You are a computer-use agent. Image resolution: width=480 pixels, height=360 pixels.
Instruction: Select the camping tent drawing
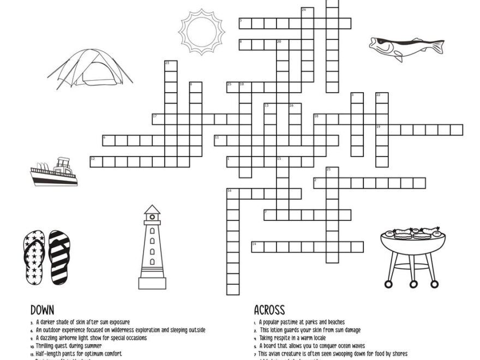[91, 68]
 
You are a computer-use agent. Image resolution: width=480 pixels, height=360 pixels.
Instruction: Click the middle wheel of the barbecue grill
[413, 283]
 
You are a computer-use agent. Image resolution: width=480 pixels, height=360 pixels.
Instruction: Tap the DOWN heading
[42, 310]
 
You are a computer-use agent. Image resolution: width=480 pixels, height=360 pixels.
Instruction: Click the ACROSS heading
[269, 310]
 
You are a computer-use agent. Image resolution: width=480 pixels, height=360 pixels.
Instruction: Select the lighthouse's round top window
[152, 217]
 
